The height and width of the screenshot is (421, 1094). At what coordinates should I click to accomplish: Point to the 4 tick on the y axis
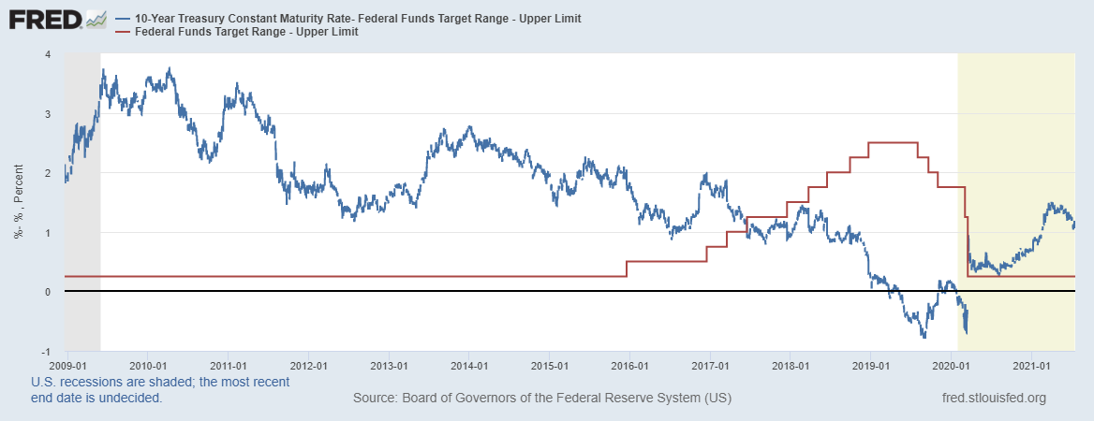pos(48,54)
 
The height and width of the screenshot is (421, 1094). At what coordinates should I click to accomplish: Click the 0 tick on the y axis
pos(48,292)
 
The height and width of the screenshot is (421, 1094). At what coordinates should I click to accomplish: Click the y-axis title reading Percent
pos(18,201)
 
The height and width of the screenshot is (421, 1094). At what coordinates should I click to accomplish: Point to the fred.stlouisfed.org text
pos(993,399)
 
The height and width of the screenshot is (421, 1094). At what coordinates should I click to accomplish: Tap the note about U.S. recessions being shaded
pos(159,389)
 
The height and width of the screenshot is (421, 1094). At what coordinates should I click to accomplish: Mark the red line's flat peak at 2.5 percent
pos(893,142)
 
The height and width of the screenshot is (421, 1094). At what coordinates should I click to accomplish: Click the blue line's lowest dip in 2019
pos(924,337)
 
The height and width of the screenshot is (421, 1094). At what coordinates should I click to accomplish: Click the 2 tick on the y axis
pos(48,173)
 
